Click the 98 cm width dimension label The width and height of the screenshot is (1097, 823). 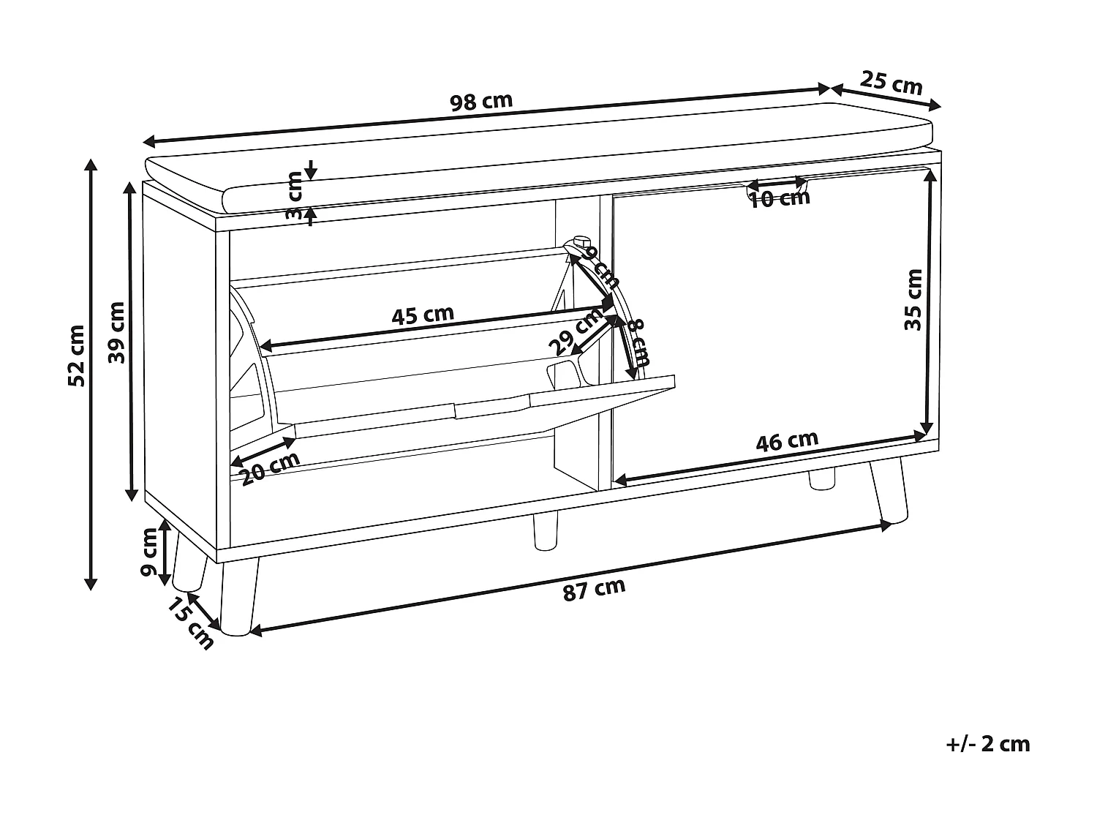tap(481, 102)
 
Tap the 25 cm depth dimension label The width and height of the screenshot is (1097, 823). tap(891, 82)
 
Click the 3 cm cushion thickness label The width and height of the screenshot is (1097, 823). tap(294, 195)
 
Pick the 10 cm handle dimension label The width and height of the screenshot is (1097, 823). tap(780, 198)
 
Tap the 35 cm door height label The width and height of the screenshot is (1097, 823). tap(913, 300)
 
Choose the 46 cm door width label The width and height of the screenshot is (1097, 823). tap(787, 442)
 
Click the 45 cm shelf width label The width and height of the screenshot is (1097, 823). tap(423, 315)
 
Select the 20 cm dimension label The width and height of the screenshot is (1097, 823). tap(270, 469)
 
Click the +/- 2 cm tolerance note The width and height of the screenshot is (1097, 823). tap(987, 745)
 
